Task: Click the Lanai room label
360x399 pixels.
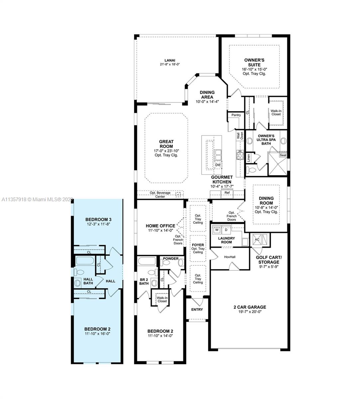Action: click(170, 60)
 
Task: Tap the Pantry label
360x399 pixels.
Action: click(236, 115)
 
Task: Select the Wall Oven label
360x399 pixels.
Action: click(240, 136)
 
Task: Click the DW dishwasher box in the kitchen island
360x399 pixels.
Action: click(218, 165)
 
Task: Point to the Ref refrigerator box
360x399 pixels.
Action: click(227, 193)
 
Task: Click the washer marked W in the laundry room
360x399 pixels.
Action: click(217, 230)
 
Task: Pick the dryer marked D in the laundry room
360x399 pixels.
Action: click(226, 230)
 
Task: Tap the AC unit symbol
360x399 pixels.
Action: click(257, 239)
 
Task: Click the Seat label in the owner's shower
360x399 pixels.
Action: click(283, 155)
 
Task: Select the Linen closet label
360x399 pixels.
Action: click(249, 158)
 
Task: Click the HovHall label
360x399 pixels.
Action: click(230, 257)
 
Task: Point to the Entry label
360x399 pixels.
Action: click(197, 310)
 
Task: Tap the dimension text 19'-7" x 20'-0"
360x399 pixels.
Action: click(250, 312)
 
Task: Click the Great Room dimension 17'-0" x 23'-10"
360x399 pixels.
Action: click(166, 151)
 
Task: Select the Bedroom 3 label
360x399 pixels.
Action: click(98, 219)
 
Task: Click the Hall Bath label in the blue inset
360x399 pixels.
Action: click(88, 281)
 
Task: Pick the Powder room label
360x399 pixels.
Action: click(171, 259)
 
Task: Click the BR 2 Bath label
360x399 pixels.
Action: click(144, 282)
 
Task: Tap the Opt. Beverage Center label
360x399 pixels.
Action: click(160, 195)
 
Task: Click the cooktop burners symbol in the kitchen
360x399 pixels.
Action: click(240, 155)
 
